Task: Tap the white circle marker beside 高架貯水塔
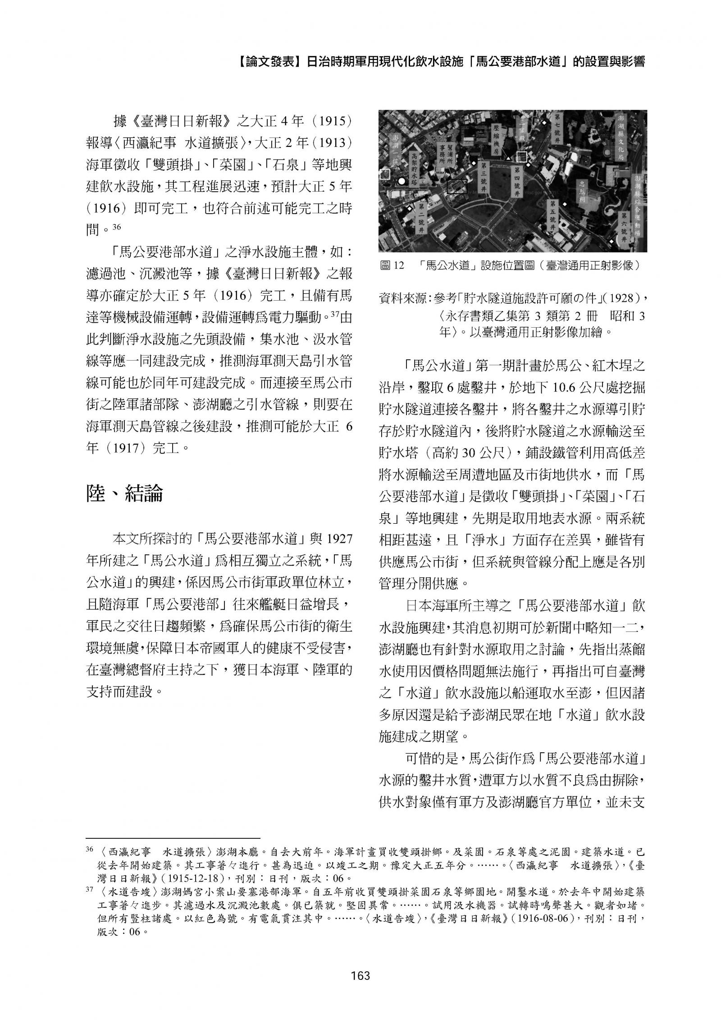401,181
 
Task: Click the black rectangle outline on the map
456,186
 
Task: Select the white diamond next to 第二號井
409,209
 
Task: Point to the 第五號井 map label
553,215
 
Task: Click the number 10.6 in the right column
566,387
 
